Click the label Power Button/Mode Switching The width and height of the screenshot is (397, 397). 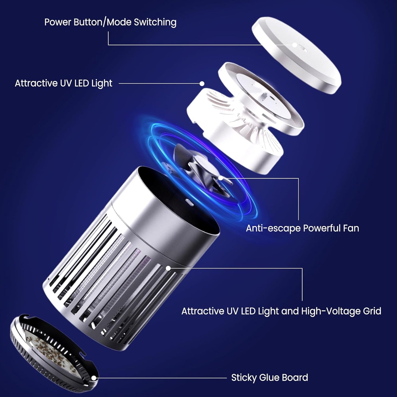point(110,22)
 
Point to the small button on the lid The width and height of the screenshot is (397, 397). point(295,45)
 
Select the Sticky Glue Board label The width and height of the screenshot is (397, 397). point(269,377)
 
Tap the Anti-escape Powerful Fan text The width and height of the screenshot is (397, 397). point(302,228)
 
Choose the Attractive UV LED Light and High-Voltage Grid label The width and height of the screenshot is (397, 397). point(281,311)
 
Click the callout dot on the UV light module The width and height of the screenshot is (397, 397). point(202,83)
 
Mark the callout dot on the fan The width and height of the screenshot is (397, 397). point(221,178)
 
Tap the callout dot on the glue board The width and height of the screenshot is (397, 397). point(94,378)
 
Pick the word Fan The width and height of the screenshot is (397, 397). point(351,228)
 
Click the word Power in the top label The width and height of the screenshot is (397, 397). point(58,22)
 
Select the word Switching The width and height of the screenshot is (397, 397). point(155,22)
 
